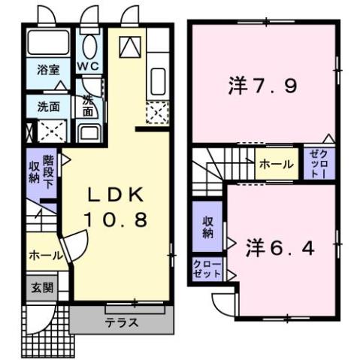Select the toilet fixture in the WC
(89, 47)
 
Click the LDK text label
(116, 195)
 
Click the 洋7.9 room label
(263, 86)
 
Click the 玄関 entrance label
(41, 287)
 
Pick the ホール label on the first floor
(45, 256)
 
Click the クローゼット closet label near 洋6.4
(207, 269)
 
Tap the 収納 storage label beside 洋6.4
(207, 228)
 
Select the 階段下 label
(48, 171)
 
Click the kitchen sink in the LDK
(158, 79)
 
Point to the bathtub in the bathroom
(49, 45)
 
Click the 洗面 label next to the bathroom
(50, 106)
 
